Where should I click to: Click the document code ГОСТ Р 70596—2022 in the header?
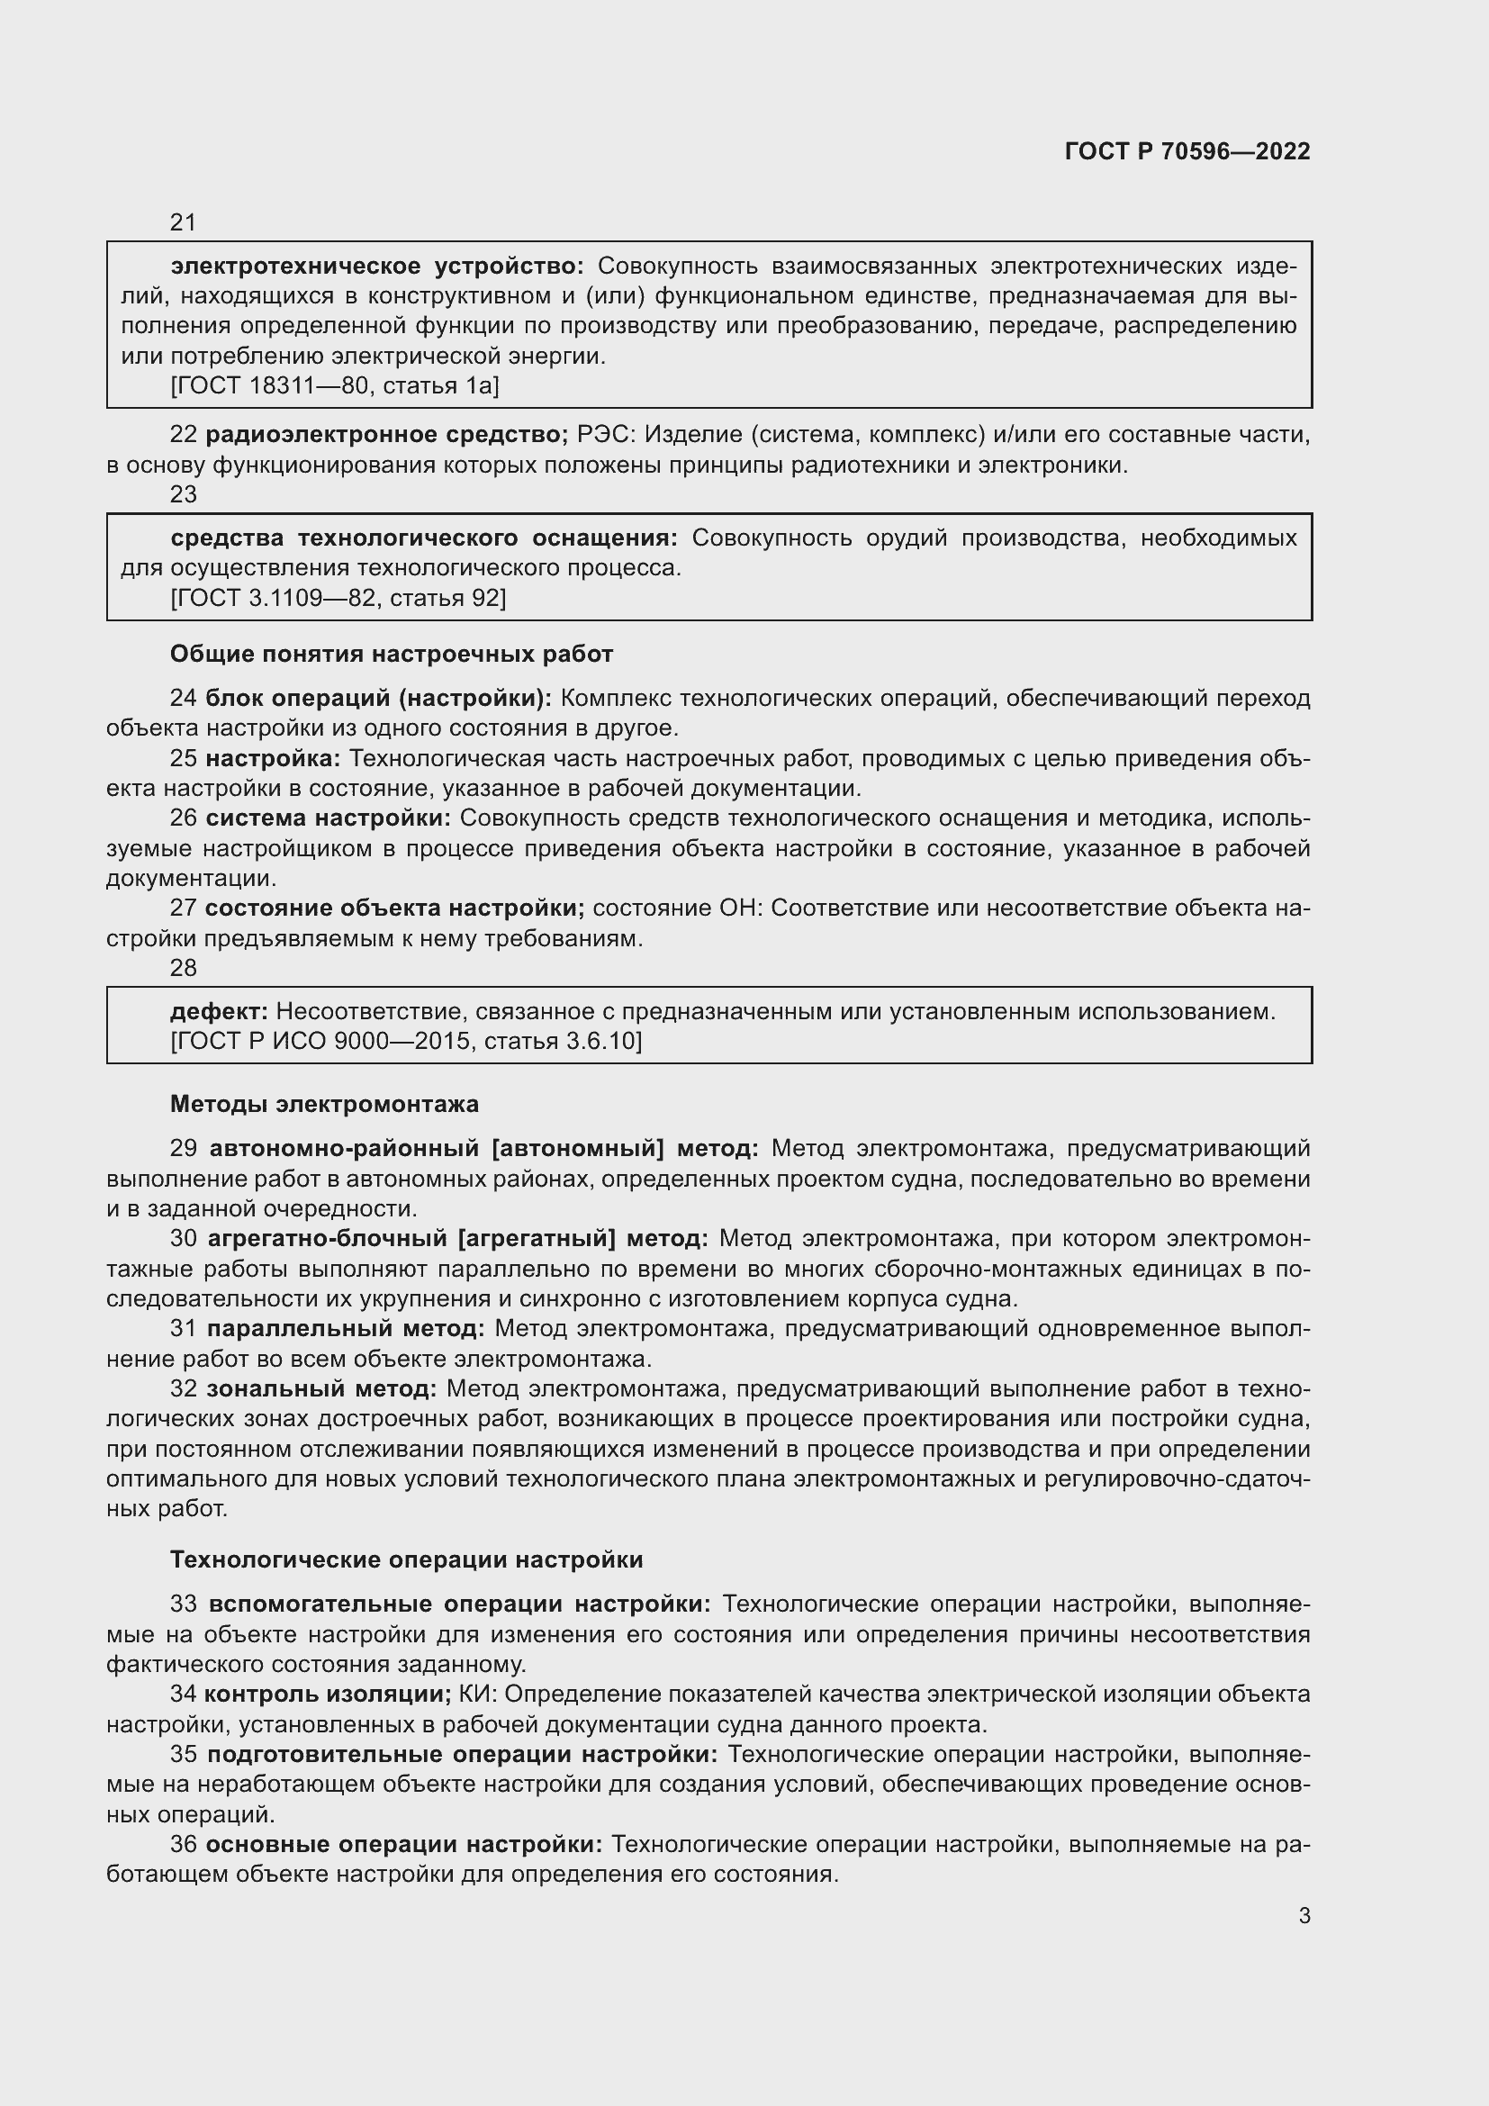click(x=1187, y=151)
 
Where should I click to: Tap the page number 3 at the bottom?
click(x=1304, y=1915)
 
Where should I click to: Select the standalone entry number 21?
click(x=184, y=222)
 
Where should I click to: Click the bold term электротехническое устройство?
click(x=377, y=266)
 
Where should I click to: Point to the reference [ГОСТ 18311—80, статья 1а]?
click(x=335, y=386)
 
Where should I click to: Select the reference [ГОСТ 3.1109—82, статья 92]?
click(x=338, y=598)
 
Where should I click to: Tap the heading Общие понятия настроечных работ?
click(x=391, y=654)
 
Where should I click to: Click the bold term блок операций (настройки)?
click(x=378, y=698)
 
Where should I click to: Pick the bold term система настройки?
click(x=329, y=818)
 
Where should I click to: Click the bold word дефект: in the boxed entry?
click(x=218, y=1011)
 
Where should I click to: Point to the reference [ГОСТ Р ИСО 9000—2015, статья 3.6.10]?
click(x=406, y=1041)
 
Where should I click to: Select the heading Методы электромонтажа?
click(x=324, y=1104)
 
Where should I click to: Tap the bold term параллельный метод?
click(x=345, y=1328)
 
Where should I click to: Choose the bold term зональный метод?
click(x=320, y=1388)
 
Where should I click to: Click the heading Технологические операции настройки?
click(x=406, y=1559)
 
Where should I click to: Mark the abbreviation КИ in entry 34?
click(x=474, y=1695)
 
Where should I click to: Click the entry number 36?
click(x=184, y=1844)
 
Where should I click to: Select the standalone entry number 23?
click(x=184, y=494)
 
